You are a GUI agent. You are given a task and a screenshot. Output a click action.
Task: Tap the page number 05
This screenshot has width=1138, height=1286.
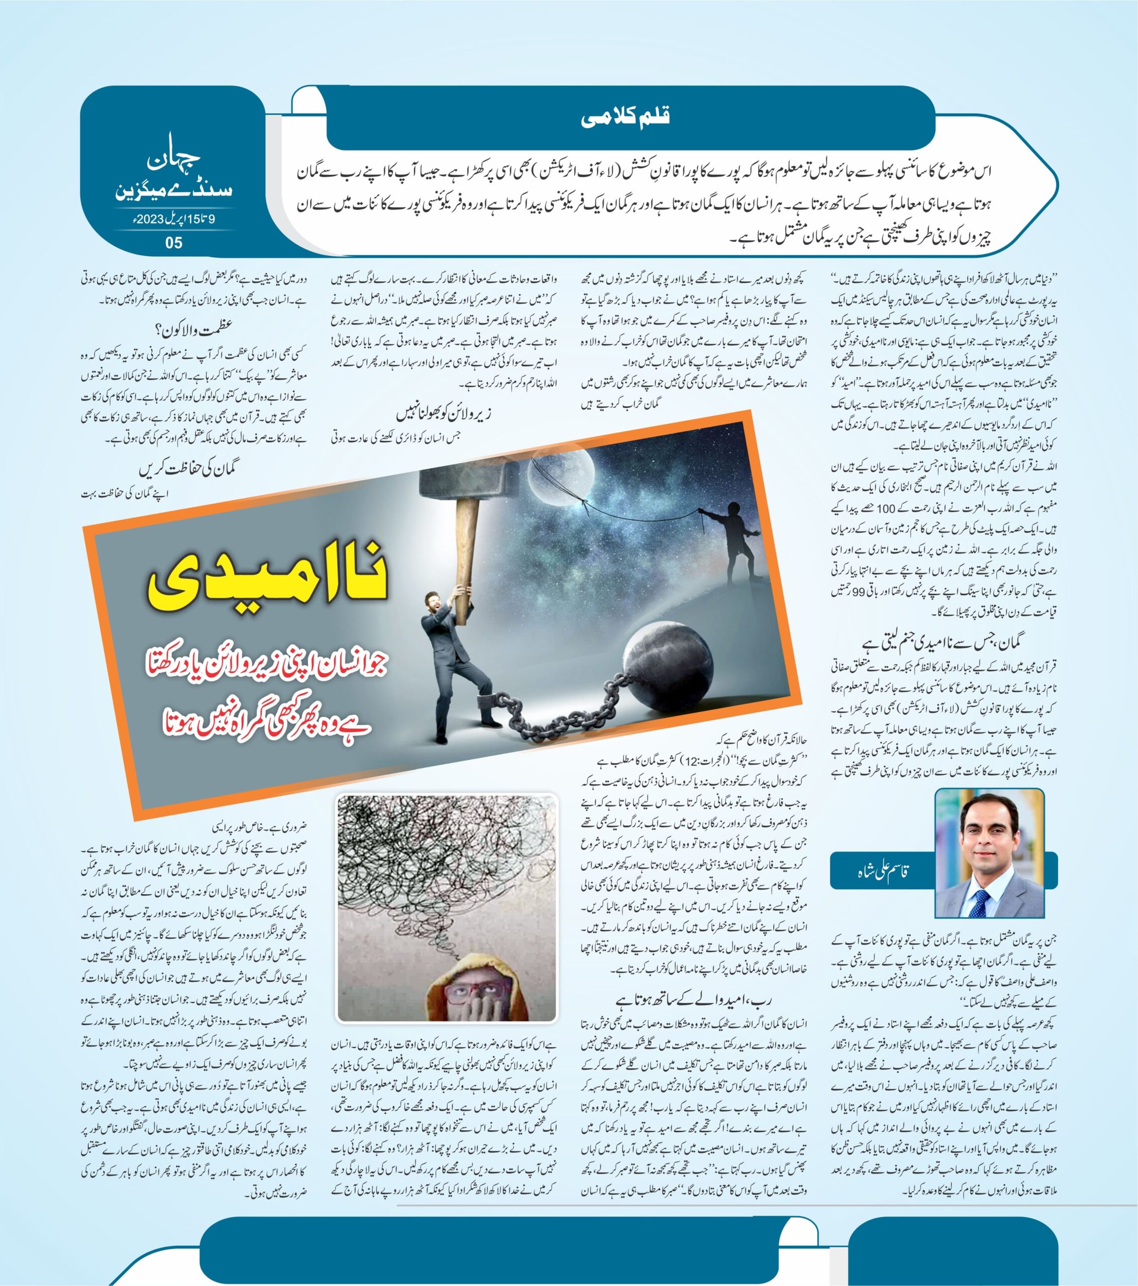pos(173,243)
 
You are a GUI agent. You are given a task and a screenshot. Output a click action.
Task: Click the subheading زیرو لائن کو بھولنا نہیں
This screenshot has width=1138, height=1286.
pos(444,414)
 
